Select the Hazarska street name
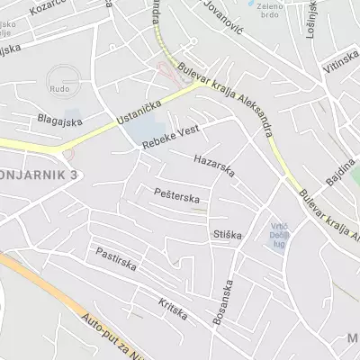tap(213, 165)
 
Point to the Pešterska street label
tap(175, 193)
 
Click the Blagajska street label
tap(59, 118)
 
